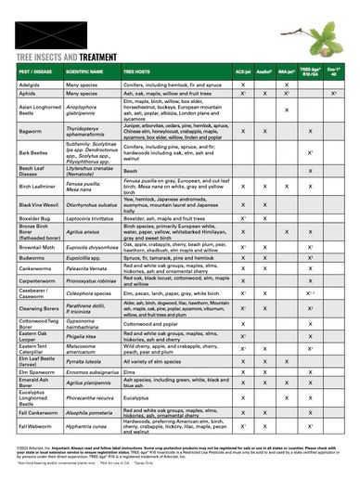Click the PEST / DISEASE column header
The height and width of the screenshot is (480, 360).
tap(38, 70)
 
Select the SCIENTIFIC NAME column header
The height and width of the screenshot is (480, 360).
tap(86, 70)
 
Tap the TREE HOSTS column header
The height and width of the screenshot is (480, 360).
tap(138, 70)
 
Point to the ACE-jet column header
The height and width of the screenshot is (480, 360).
tap(240, 70)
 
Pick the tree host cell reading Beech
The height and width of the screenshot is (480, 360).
tap(129, 170)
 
